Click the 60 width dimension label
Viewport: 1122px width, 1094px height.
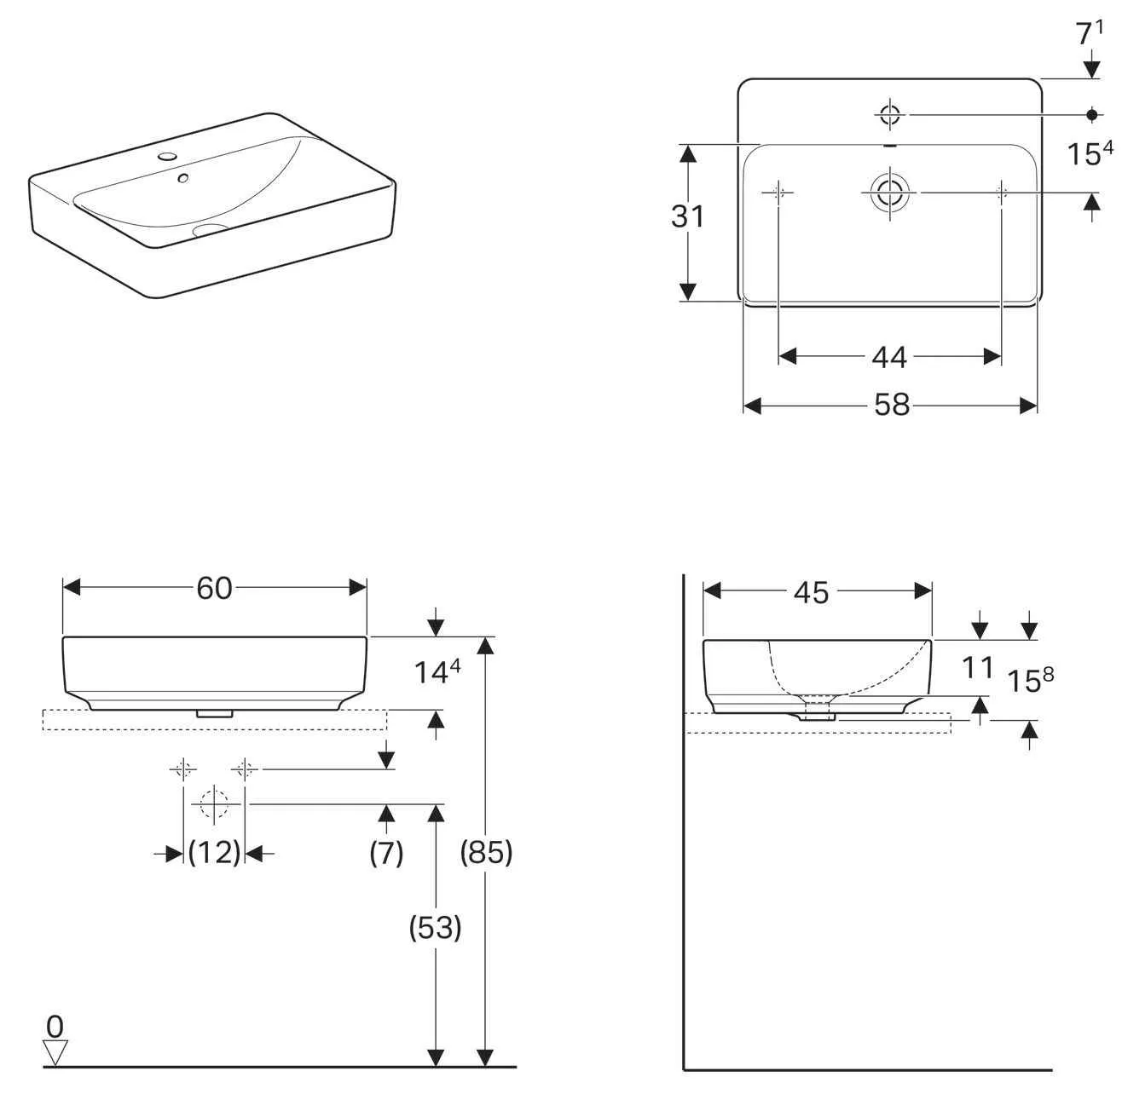214,588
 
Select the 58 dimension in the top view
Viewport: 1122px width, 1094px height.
892,406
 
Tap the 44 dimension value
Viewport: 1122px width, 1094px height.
888,357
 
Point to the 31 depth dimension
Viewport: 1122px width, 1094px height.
687,216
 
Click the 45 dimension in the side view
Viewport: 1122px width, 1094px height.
811,592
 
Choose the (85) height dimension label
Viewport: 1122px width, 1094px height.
486,851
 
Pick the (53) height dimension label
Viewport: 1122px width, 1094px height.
436,927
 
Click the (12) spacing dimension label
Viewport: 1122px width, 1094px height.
214,851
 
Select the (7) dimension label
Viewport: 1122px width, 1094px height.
386,851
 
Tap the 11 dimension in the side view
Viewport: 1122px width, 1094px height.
978,667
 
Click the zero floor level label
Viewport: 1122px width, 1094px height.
55,1025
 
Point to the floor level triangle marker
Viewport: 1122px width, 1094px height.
55,1052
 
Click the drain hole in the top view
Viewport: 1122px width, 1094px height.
889,193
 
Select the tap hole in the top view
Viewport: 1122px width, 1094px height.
889,114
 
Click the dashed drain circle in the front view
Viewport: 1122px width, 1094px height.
213,803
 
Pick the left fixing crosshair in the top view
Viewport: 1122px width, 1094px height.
778,193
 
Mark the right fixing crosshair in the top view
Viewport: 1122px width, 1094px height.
1001,193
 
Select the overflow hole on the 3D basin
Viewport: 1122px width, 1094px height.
182,178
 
